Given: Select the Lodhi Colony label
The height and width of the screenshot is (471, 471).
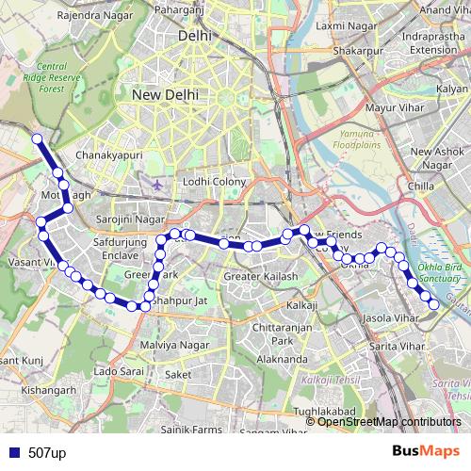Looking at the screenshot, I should (215, 181).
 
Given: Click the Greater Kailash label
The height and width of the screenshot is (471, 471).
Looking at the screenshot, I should (260, 277).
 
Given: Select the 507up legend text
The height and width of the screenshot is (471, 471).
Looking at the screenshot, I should (47, 453).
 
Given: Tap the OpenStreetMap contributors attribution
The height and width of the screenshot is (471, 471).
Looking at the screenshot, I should (389, 421).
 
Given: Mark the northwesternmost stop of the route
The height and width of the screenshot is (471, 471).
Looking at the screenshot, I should (38, 139).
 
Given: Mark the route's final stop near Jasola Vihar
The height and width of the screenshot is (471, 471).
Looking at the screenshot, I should (433, 303).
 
